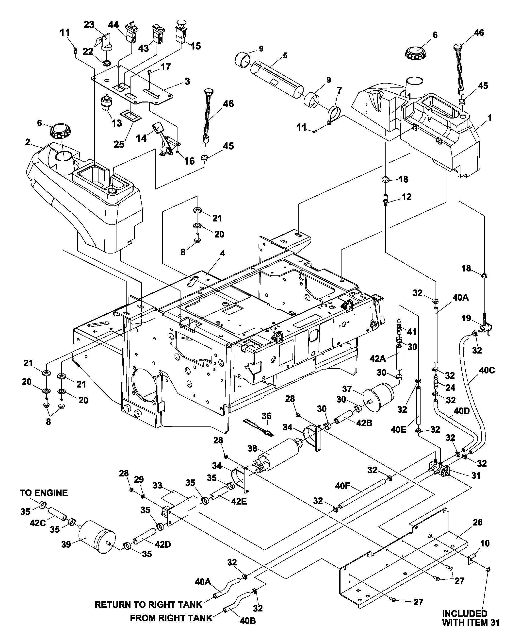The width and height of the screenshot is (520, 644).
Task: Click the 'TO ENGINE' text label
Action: point(44,493)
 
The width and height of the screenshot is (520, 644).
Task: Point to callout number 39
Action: point(66,544)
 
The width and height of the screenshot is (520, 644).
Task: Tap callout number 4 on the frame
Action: point(222,254)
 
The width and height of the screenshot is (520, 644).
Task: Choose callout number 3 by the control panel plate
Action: point(187,81)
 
